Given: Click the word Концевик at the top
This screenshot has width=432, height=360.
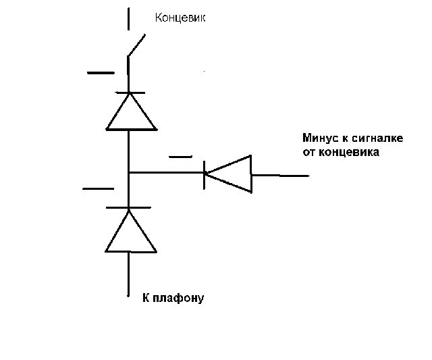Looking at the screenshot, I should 180,18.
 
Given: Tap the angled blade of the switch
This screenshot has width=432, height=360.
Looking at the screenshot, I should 137,45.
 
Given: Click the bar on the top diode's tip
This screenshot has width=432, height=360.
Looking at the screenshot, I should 131,93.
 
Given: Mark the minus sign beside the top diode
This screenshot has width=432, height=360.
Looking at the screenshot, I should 101,72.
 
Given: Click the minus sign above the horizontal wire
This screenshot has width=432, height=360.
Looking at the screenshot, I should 180,157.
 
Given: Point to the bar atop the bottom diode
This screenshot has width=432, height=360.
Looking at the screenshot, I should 130,207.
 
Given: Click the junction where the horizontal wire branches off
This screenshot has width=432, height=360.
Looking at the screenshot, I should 128,172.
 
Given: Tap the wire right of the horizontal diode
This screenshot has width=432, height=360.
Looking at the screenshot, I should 280,176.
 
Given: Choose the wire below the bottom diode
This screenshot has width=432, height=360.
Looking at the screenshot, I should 128,274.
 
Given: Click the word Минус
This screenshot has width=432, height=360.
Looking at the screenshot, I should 321,138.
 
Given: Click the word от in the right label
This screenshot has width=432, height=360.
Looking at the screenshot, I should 309,153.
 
